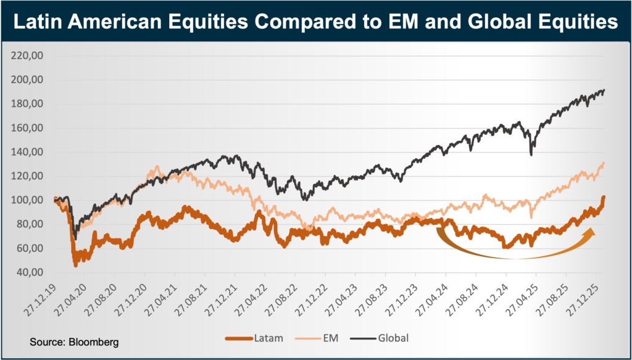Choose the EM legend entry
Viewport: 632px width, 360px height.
pyautogui.click(x=325, y=338)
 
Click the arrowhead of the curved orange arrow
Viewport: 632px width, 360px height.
pyautogui.click(x=591, y=231)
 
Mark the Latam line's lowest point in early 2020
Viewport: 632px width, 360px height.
pyautogui.click(x=76, y=265)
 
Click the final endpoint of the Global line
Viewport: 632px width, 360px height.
pyautogui.click(x=604, y=90)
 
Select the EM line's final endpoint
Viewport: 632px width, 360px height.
pyautogui.click(x=604, y=162)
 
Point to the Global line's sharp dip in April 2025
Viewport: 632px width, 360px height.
pyautogui.click(x=531, y=154)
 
